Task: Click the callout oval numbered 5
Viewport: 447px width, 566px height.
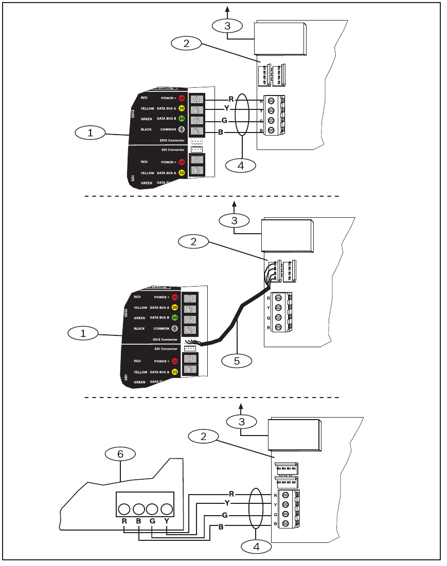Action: click(x=237, y=361)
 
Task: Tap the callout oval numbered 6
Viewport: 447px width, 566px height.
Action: click(x=120, y=454)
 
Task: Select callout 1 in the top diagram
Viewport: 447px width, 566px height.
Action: click(x=90, y=133)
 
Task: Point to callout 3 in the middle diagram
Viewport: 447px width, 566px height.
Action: click(x=234, y=221)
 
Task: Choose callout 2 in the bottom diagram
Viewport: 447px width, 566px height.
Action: click(x=203, y=437)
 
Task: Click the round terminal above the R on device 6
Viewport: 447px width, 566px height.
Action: click(x=124, y=510)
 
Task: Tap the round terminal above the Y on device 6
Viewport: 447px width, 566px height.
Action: click(x=166, y=510)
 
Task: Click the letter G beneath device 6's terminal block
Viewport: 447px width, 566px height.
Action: click(x=152, y=521)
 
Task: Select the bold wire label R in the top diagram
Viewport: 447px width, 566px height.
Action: click(x=231, y=99)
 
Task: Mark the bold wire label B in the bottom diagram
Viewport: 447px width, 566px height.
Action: click(x=221, y=526)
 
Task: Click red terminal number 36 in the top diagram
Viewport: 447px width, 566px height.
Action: click(x=182, y=98)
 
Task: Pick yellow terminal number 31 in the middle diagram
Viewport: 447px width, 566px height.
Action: click(x=175, y=372)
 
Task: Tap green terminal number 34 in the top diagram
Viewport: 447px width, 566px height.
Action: click(x=182, y=119)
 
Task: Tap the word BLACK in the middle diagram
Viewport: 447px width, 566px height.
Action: click(x=139, y=328)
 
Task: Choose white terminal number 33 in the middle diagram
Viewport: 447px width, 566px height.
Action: click(x=175, y=329)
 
